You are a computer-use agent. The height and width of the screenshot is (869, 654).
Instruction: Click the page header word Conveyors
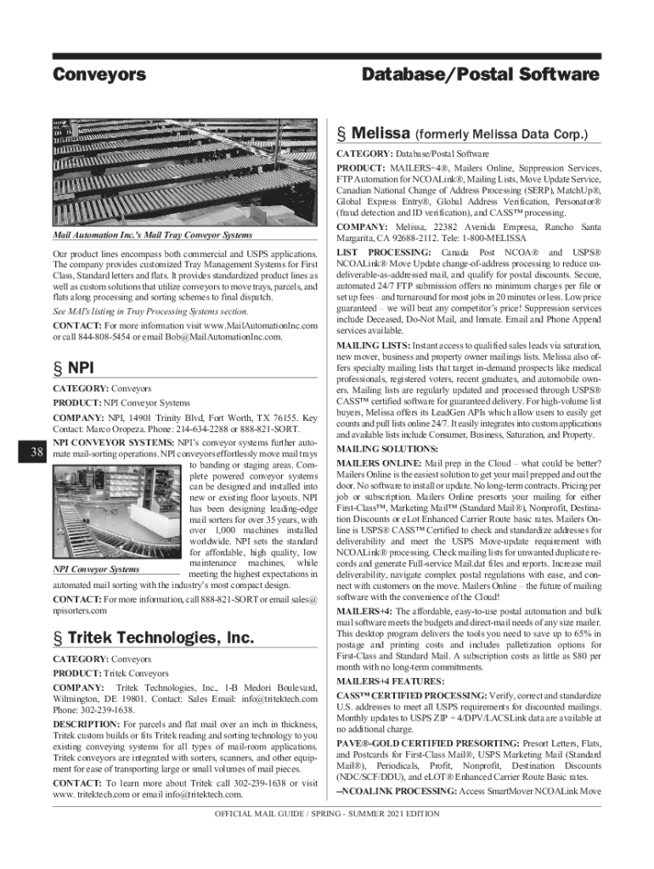tap(99, 75)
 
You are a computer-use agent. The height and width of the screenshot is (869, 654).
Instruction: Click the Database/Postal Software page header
tap(480, 75)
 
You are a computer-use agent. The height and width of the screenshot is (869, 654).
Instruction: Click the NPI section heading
tap(74, 368)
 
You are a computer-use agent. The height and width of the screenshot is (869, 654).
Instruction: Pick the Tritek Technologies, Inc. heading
tap(152, 637)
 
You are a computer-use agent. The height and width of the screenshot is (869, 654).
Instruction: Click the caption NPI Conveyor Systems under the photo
tap(96, 569)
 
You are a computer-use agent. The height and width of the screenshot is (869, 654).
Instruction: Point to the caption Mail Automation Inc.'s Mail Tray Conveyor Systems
tap(152, 235)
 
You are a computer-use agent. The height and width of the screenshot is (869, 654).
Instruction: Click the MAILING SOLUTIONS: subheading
tap(375, 448)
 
